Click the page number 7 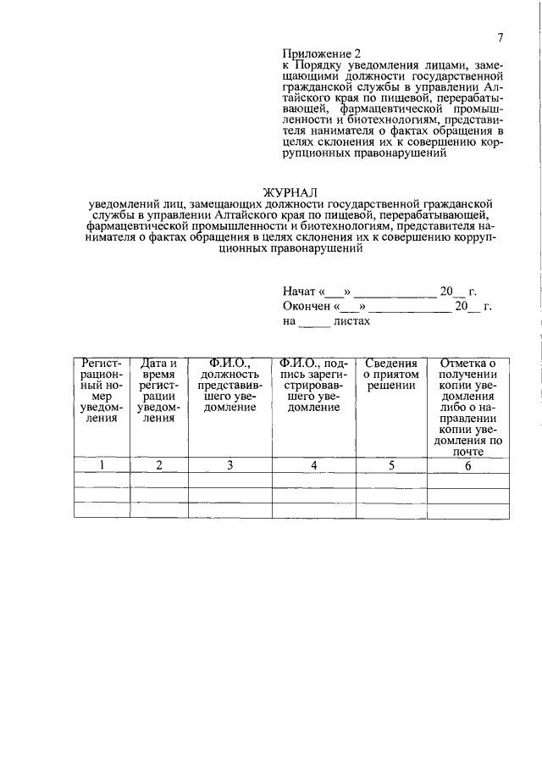point(501,37)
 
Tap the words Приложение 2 point(315,52)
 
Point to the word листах point(352,322)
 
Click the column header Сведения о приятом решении point(391,375)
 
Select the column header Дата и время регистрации point(158,391)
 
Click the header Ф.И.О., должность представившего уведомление point(230,386)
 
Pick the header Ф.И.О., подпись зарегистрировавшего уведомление point(313,386)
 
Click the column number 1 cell point(102,464)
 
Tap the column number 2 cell point(158,464)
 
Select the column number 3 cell point(230,464)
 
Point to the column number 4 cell point(313,464)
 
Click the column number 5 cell point(391,464)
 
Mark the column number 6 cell point(467,464)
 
